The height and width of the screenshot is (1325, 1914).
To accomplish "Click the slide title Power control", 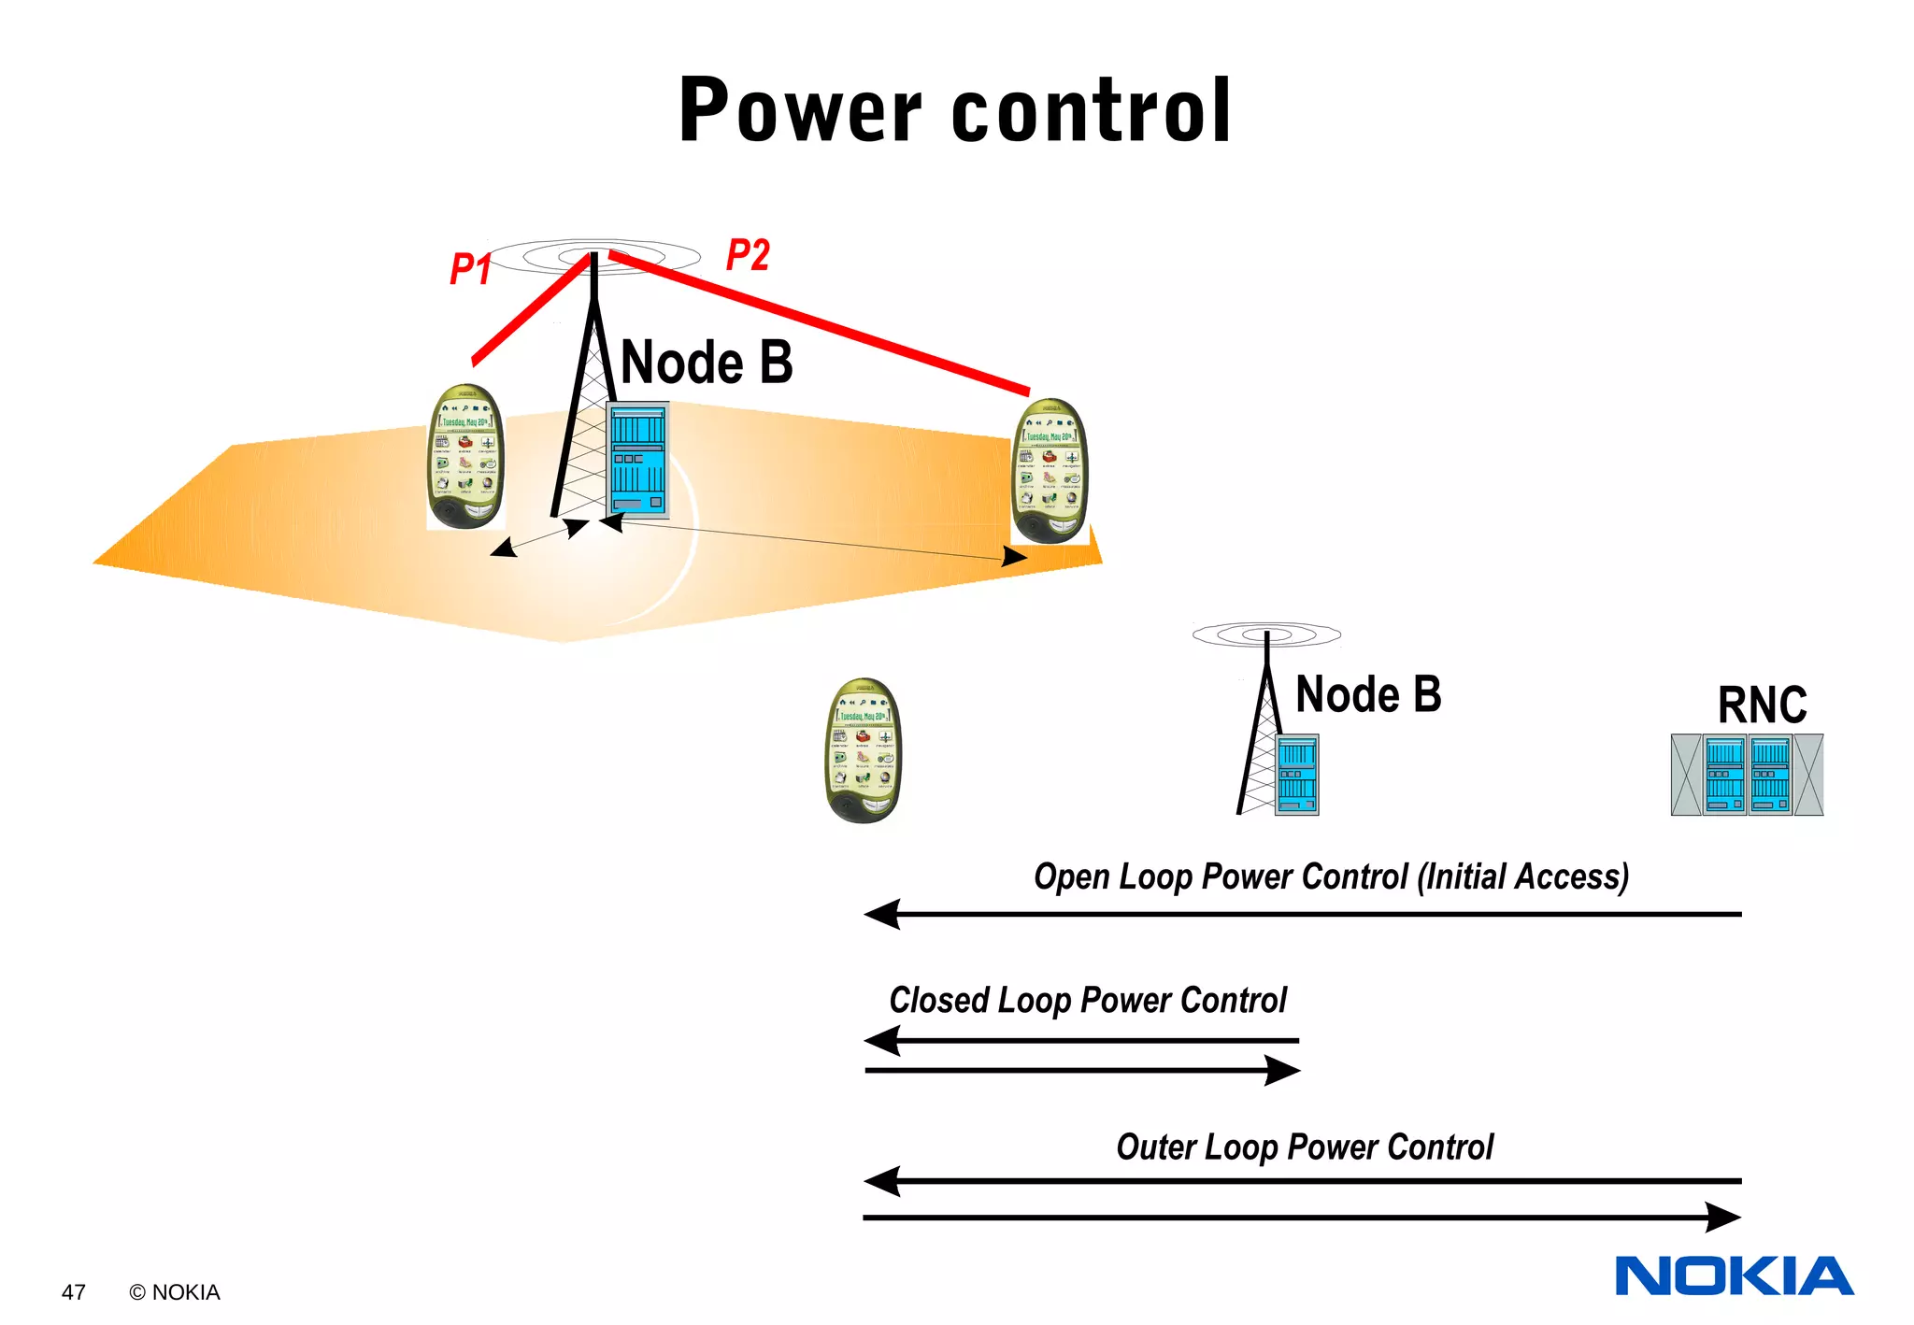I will click(x=954, y=110).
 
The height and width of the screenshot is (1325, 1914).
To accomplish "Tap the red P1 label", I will click(x=470, y=269).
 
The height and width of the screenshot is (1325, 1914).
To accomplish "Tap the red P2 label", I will click(x=748, y=255).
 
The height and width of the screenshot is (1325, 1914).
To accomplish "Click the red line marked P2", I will click(x=822, y=322).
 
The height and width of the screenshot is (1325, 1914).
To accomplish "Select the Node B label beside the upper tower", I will click(x=707, y=363).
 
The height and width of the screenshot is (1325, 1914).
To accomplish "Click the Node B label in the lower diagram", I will click(x=1367, y=695).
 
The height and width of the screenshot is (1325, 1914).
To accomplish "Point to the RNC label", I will click(x=1762, y=705).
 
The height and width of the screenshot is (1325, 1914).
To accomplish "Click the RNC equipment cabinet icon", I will click(x=1747, y=775).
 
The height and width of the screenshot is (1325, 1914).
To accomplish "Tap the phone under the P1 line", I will click(x=465, y=457).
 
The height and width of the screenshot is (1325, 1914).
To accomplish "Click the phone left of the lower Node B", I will click(x=864, y=750).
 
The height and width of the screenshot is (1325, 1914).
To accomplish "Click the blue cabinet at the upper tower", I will click(x=637, y=460).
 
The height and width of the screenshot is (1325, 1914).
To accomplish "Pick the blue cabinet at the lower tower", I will click(x=1296, y=775).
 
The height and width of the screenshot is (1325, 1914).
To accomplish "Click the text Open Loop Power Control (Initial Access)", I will click(x=1331, y=877).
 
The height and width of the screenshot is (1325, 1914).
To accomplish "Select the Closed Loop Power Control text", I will click(x=1087, y=1001).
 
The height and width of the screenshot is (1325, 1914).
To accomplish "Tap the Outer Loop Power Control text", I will click(x=1305, y=1147).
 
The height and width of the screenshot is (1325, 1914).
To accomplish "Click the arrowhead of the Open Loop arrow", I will click(x=881, y=914).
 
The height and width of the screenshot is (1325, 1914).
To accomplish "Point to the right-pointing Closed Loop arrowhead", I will click(x=1282, y=1070).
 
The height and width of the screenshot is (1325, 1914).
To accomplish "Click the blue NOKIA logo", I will click(x=1734, y=1276).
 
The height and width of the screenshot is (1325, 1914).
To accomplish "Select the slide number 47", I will click(x=74, y=1292).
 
